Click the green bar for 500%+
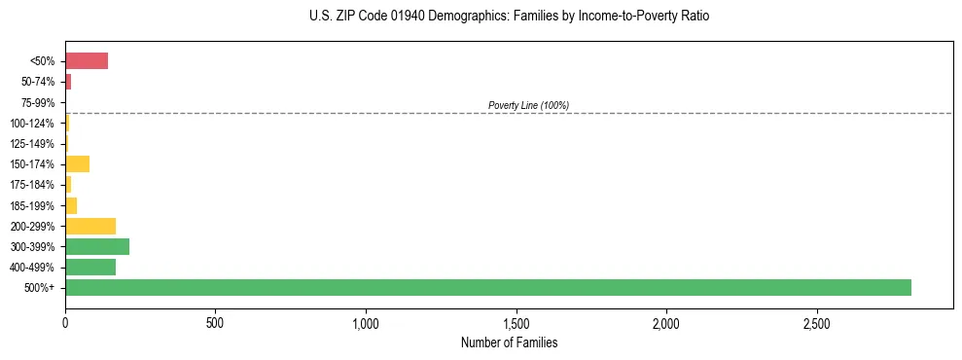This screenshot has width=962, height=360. [487, 287]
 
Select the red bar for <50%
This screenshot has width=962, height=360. [87, 61]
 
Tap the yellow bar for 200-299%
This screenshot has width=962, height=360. [90, 226]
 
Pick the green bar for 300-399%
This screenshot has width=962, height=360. [97, 246]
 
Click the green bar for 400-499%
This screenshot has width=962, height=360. [90, 267]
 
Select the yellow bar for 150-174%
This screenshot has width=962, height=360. [77, 163]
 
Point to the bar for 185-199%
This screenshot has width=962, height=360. [71, 205]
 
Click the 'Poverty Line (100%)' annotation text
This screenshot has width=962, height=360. [528, 105]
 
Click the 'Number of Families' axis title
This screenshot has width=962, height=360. [509, 343]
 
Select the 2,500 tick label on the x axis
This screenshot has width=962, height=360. [816, 322]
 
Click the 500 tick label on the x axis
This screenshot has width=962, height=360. [215, 322]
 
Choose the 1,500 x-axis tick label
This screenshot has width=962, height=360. [516, 322]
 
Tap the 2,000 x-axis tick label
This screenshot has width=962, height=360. [666, 322]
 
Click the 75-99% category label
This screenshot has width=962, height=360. [37, 102]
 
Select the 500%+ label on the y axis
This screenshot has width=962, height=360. [42, 288]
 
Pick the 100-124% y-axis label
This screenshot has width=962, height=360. [32, 123]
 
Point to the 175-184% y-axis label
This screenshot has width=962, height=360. [32, 185]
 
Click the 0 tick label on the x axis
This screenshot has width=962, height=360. [65, 322]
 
